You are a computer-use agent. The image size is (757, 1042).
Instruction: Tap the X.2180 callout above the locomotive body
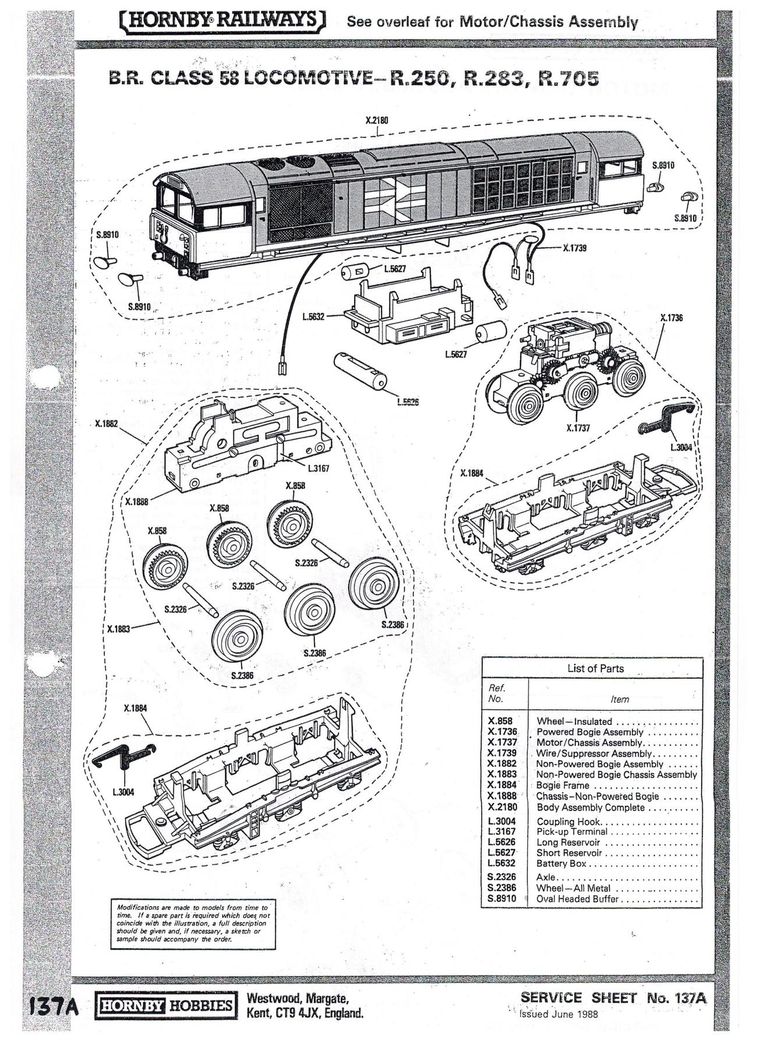click(377, 121)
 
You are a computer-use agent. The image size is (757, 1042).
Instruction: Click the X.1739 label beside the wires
click(575, 248)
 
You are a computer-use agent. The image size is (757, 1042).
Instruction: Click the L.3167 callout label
click(319, 468)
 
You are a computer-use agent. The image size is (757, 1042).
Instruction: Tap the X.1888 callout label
click(137, 501)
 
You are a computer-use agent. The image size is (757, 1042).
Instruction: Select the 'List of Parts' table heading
click(595, 668)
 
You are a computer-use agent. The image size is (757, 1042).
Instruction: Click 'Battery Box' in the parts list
click(561, 864)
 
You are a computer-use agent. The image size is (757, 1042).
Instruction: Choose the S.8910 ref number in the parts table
click(502, 899)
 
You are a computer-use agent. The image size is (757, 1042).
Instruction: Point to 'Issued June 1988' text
click(558, 1013)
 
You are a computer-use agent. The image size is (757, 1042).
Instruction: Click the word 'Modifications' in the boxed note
click(136, 907)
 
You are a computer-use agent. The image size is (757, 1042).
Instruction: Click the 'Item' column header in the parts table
click(620, 699)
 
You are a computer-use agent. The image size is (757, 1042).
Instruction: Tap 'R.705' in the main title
click(568, 79)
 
